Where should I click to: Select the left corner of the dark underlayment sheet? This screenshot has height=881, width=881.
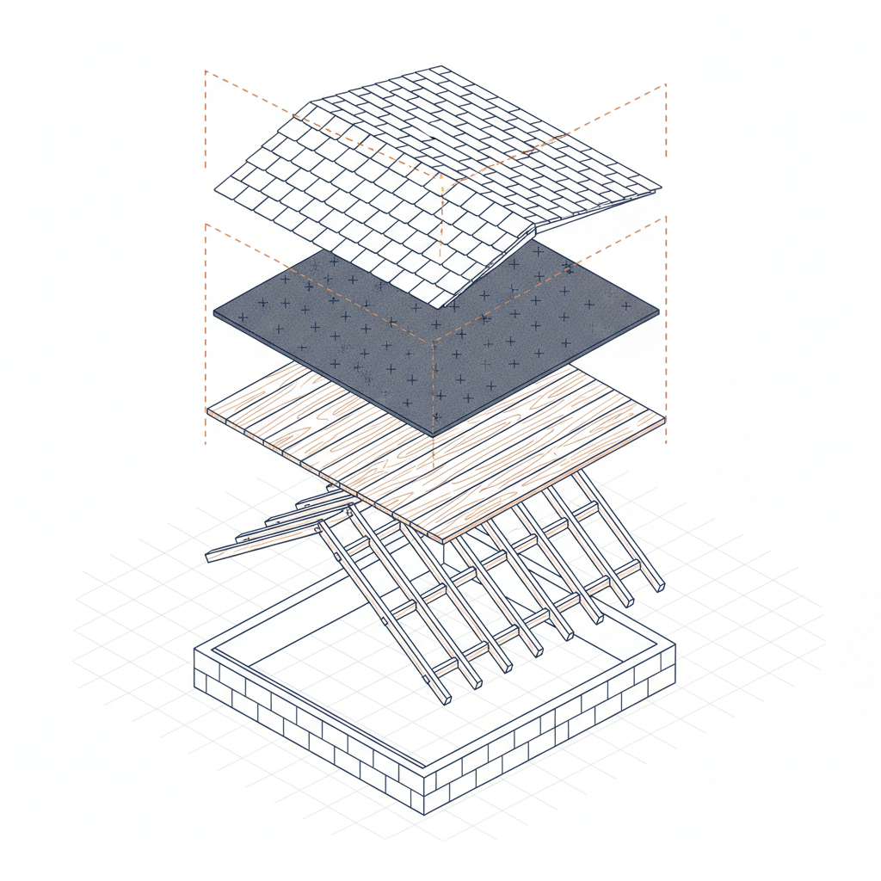213,311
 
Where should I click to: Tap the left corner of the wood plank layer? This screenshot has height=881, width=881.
207,411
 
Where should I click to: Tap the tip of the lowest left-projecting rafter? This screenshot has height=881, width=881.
208,558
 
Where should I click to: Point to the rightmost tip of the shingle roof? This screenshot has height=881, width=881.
661,188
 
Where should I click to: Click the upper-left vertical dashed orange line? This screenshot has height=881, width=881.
206,120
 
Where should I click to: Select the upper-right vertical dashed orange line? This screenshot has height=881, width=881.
666,129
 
